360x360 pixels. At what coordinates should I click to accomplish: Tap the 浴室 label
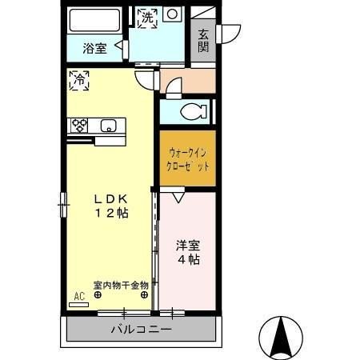click(x=94, y=48)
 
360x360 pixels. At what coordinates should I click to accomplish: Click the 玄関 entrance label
click(x=203, y=40)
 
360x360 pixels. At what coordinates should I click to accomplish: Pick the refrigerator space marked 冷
click(x=79, y=80)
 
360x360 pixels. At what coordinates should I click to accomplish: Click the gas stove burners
click(x=80, y=125)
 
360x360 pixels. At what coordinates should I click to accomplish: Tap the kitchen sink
click(x=110, y=125)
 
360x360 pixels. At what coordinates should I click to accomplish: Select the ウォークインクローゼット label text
click(x=188, y=159)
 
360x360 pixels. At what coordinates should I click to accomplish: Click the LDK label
click(x=110, y=198)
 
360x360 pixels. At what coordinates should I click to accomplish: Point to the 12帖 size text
click(x=110, y=214)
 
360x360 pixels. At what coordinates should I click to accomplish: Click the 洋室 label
click(x=189, y=246)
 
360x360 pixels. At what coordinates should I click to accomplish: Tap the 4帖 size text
click(x=189, y=260)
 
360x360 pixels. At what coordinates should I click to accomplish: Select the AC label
click(x=78, y=295)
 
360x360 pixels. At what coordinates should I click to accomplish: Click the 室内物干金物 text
click(x=121, y=284)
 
